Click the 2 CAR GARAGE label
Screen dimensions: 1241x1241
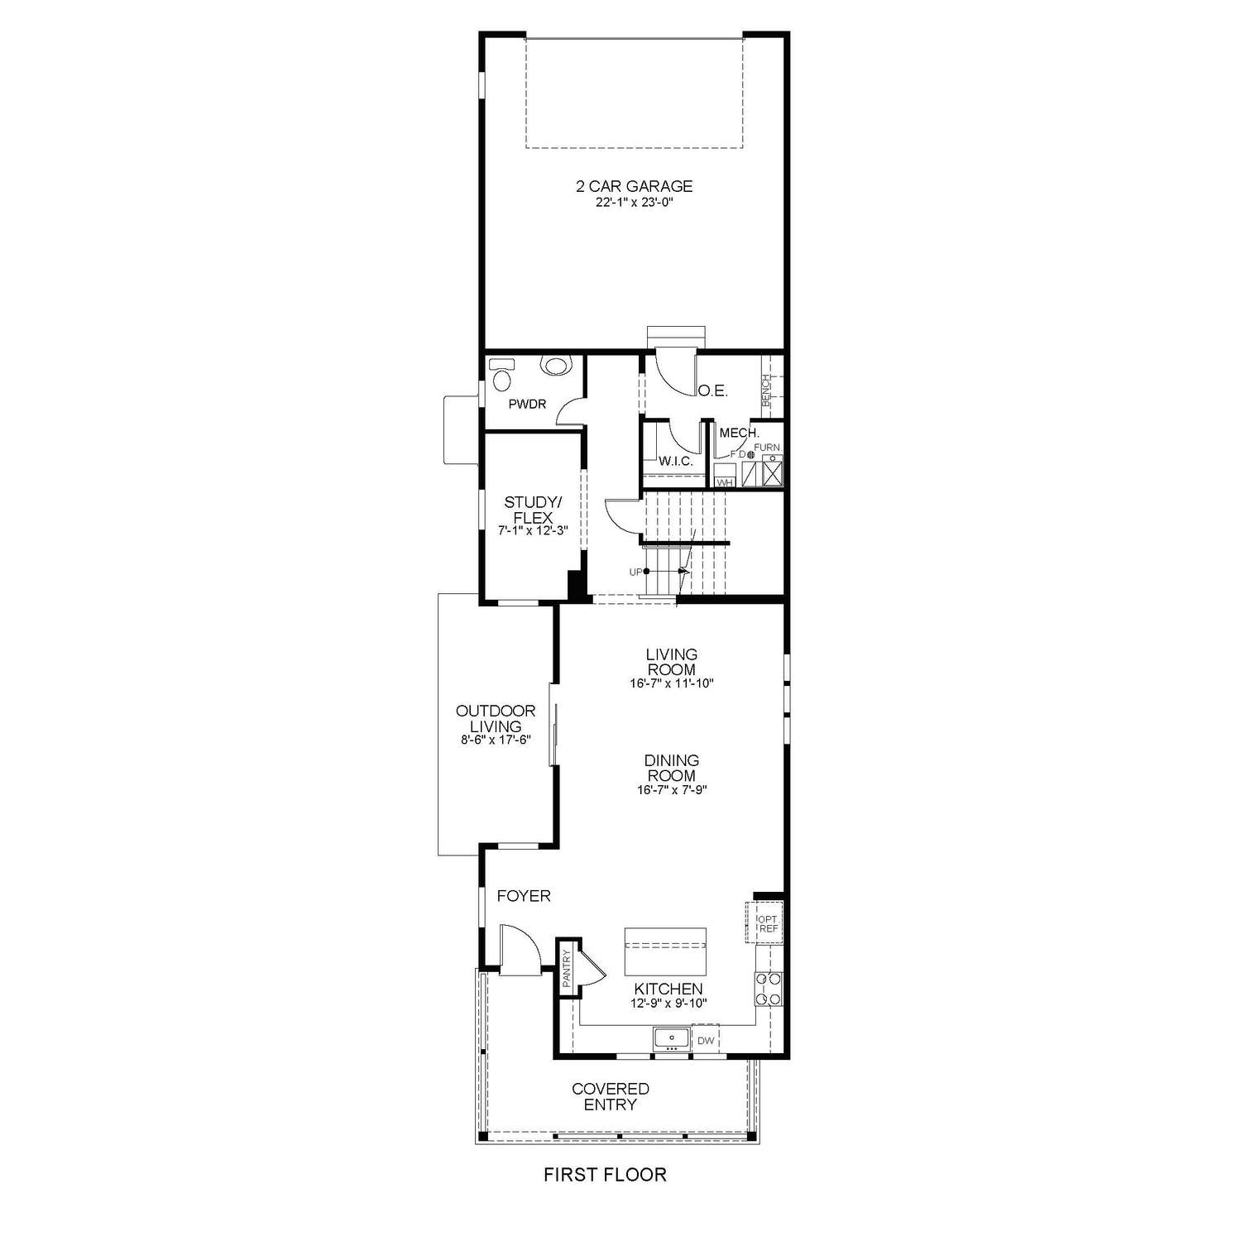(634, 187)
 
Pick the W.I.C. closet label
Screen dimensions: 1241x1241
(676, 461)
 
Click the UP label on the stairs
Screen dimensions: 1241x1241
(635, 572)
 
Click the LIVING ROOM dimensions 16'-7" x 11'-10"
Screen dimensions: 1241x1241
(671, 684)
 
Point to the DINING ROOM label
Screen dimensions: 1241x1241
(671, 768)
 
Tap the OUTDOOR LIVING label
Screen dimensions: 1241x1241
(496, 718)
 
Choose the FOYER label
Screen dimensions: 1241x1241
(523, 896)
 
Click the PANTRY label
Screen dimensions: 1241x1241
(567, 969)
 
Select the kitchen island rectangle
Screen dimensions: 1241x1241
(665, 952)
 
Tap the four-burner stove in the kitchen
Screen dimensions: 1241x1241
(768, 988)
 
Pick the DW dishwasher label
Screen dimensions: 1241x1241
(706, 1041)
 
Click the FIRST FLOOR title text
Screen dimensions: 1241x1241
(604, 1174)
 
